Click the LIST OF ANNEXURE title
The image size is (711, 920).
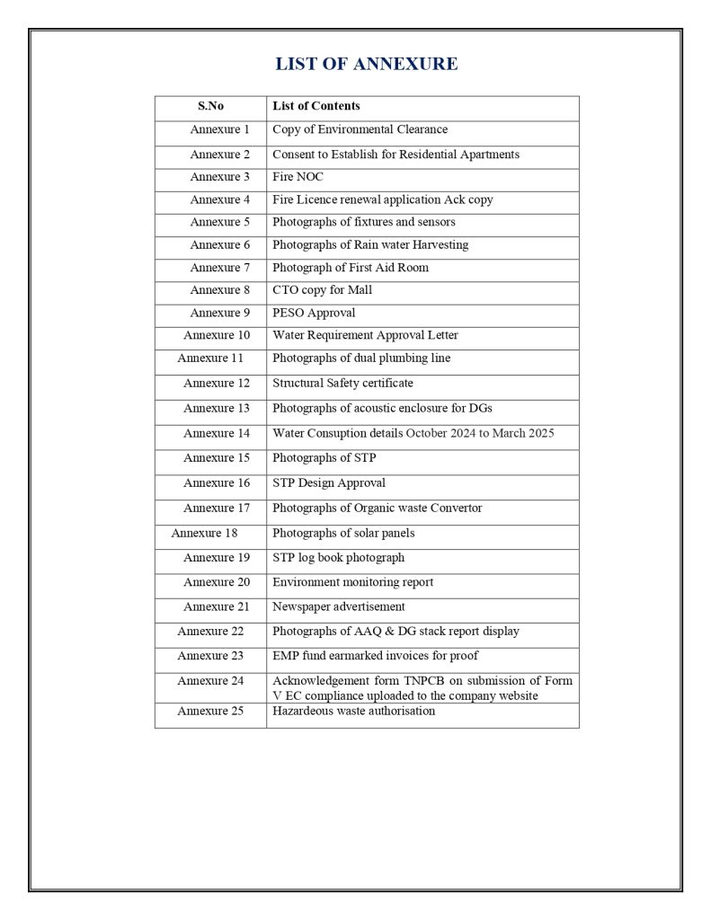pyautogui.click(x=366, y=64)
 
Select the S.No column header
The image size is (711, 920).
pyautogui.click(x=210, y=106)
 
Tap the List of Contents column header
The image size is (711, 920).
pyautogui.click(x=316, y=106)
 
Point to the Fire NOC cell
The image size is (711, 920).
pyautogui.click(x=298, y=177)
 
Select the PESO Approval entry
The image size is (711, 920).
pyautogui.click(x=314, y=313)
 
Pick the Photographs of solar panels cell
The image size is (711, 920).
pyautogui.click(x=343, y=533)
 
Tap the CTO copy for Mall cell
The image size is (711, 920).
pyautogui.click(x=322, y=290)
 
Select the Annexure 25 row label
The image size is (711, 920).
pyautogui.click(x=210, y=711)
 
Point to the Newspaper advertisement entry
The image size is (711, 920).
pyautogui.click(x=339, y=606)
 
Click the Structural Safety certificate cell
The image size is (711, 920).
pyautogui.click(x=342, y=383)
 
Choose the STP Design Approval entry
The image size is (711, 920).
pyautogui.click(x=329, y=482)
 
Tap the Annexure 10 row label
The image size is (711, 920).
pyautogui.click(x=217, y=335)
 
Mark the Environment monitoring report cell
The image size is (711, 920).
pyautogui.click(x=352, y=582)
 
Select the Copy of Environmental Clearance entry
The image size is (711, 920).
pyautogui.click(x=360, y=130)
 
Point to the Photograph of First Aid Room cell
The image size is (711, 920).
pyautogui.click(x=351, y=268)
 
